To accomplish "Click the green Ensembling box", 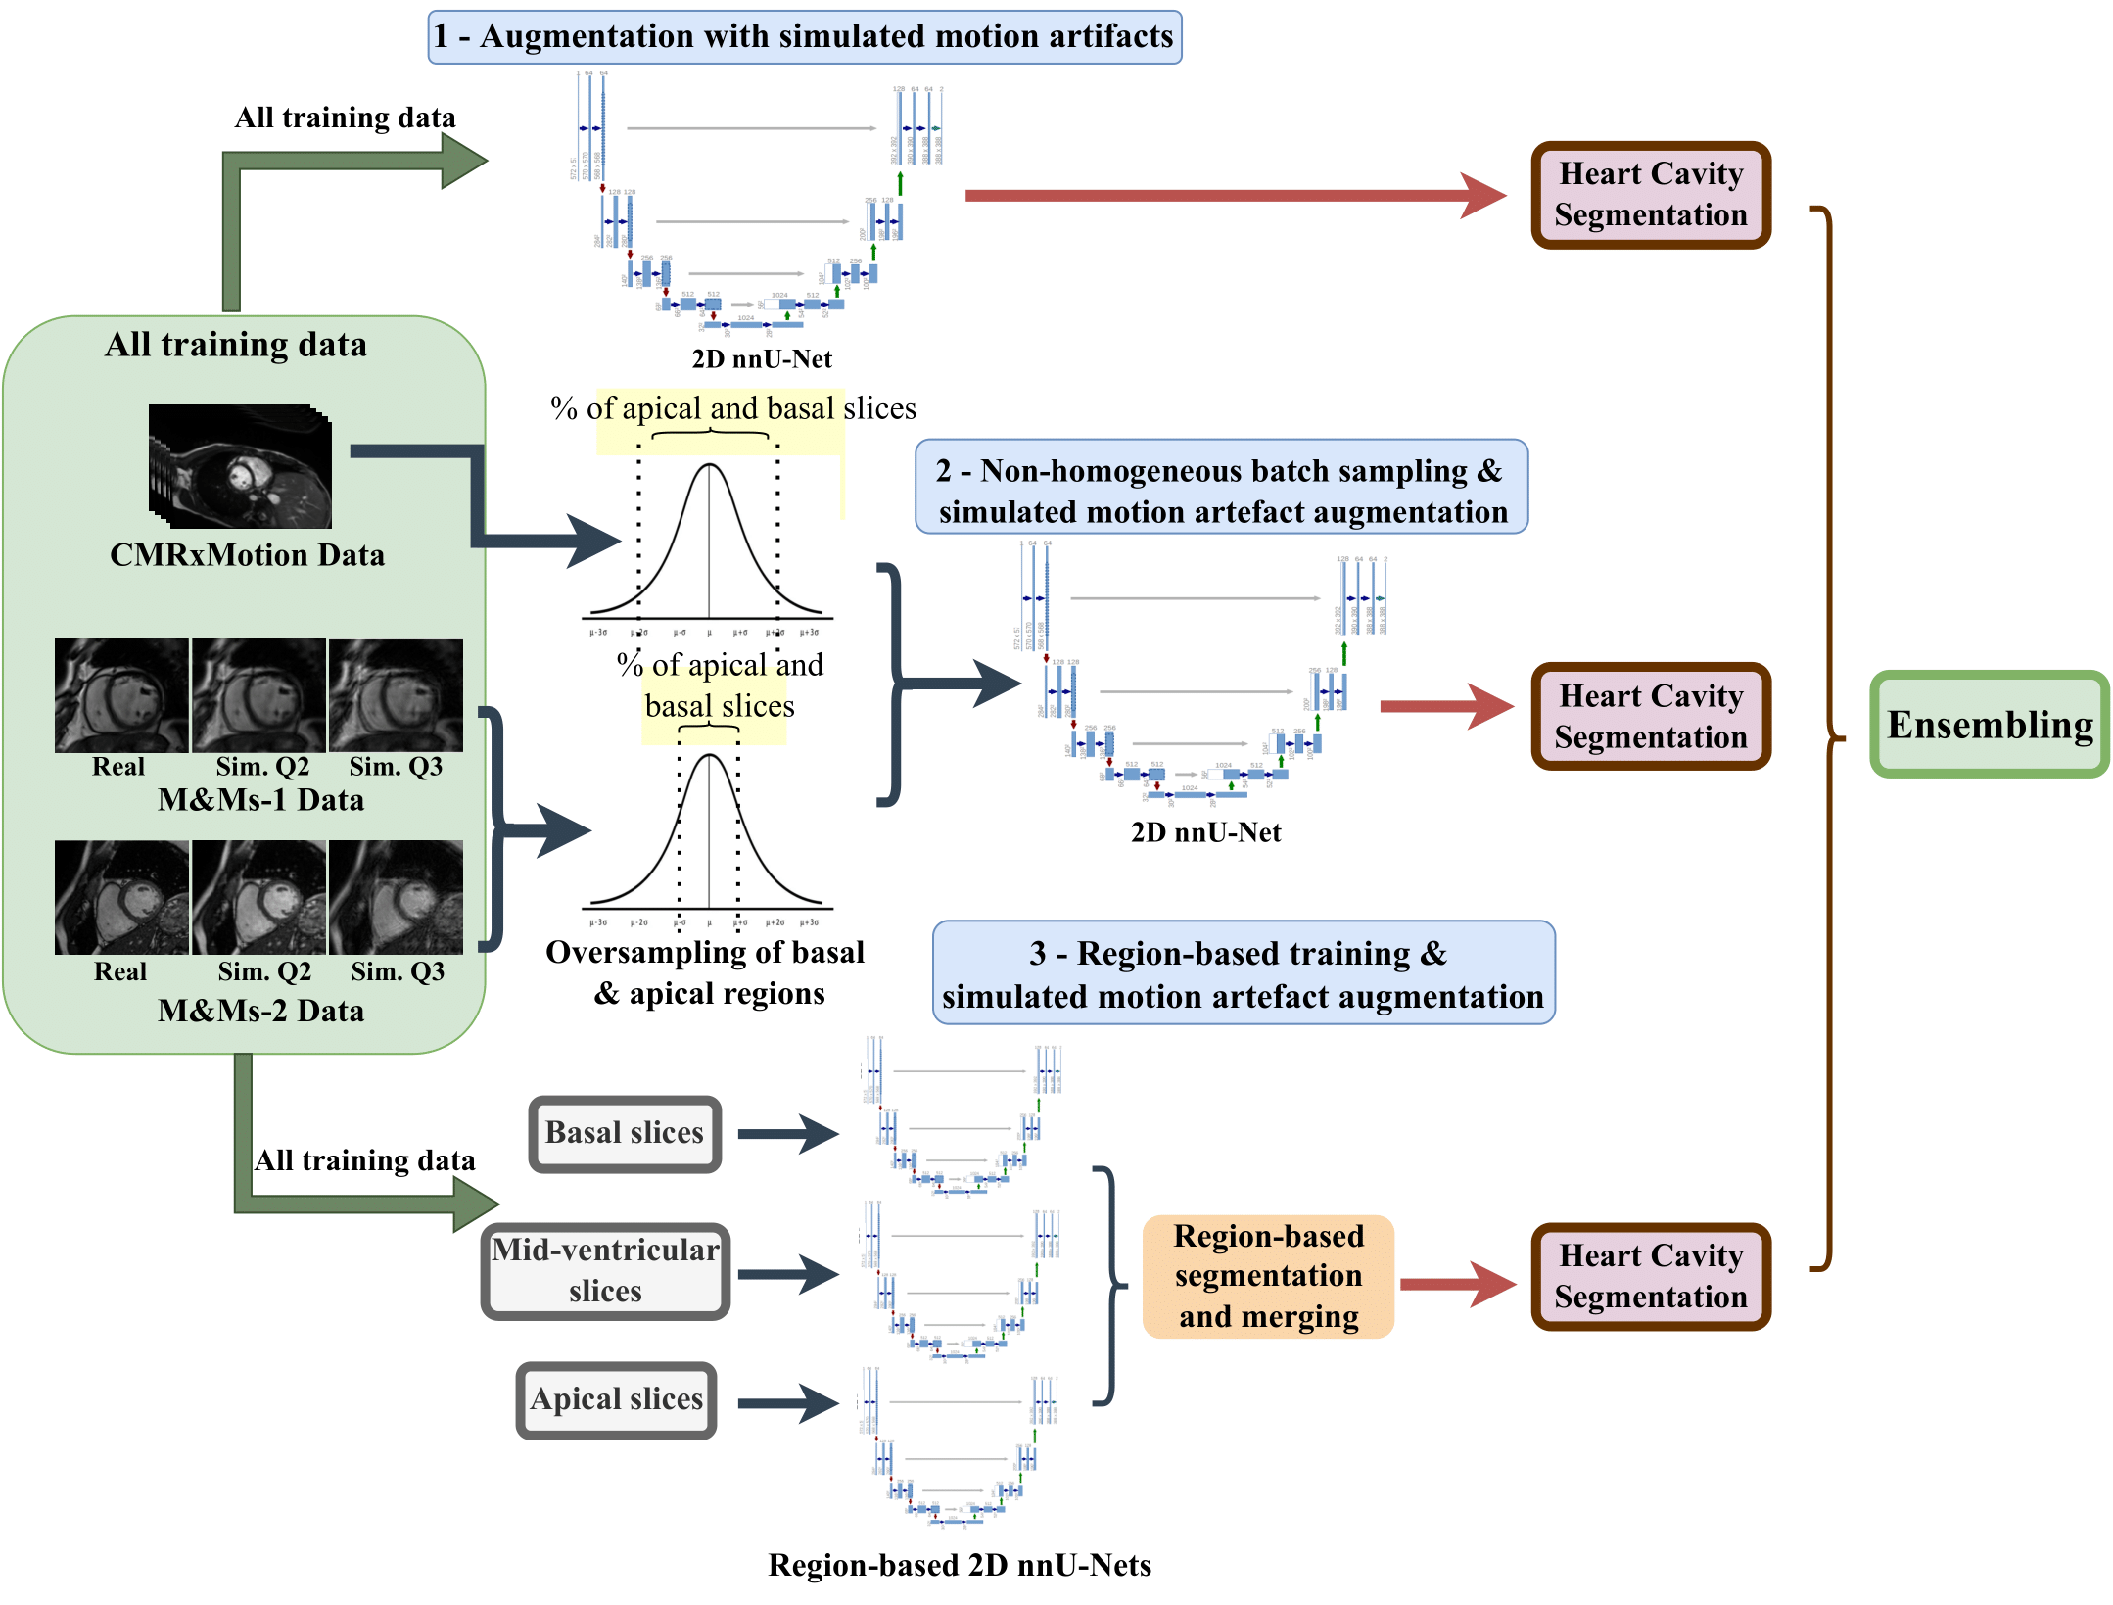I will click(1989, 725).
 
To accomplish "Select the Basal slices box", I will click(625, 1133).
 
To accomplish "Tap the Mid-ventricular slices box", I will click(605, 1270).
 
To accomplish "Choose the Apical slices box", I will click(616, 1399).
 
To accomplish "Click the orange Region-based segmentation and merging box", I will click(1268, 1276).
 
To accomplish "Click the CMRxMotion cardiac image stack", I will click(240, 467).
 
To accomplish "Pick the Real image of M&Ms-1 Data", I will click(121, 695).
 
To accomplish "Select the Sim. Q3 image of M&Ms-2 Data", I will click(396, 897).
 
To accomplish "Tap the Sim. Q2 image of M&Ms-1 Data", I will click(258, 695).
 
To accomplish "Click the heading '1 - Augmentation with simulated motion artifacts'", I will click(804, 37).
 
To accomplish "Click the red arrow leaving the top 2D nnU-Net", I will click(1234, 195).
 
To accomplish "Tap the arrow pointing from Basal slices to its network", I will click(787, 1134).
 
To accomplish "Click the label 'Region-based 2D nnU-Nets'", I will click(960, 1565).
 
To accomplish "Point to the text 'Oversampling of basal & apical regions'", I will click(705, 972).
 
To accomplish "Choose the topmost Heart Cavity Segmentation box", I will click(1651, 195).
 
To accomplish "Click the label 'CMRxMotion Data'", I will click(247, 555).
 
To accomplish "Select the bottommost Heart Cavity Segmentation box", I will click(1651, 1276).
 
